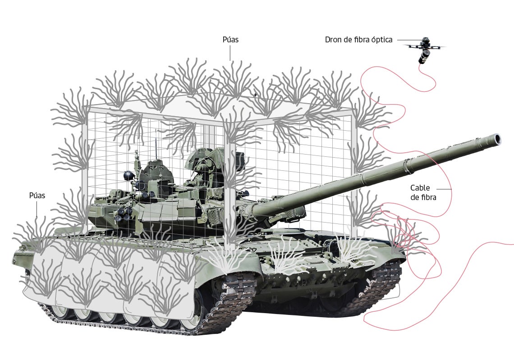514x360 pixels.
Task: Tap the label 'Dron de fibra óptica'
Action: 358,40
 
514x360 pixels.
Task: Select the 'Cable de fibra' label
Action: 423,192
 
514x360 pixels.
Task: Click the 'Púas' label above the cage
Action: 230,40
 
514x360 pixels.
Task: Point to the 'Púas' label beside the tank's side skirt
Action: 37,196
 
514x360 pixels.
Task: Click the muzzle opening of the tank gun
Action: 498,139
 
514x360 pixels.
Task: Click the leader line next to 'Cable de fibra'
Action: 444,189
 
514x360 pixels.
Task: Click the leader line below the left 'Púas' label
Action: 37,209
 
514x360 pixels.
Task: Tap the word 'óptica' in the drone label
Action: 381,40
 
